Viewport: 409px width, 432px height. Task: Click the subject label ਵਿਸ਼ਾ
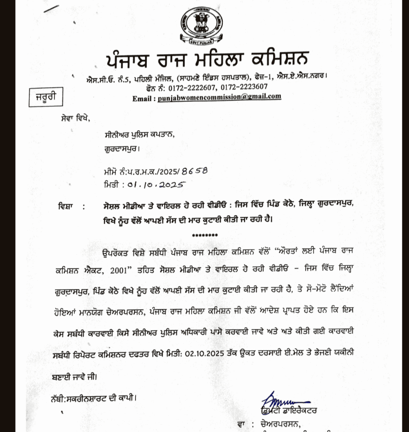point(67,207)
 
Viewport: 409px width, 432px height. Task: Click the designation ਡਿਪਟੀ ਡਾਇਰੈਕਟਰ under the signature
point(289,410)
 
